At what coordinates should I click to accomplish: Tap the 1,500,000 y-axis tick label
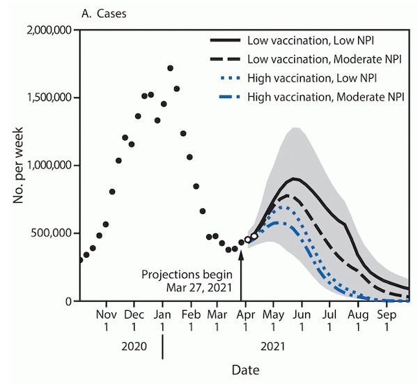(47, 98)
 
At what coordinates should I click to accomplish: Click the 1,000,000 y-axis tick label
(47, 166)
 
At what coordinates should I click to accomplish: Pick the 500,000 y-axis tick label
(52, 233)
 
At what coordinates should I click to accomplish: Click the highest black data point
(170, 68)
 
